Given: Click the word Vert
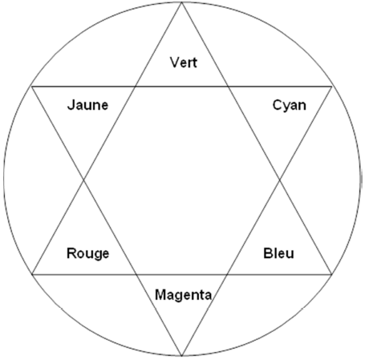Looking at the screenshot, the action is [184, 63].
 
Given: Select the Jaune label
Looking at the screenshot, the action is [87, 105].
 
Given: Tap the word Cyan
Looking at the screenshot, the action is [290, 106].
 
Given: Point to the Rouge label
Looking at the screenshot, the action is [87, 253].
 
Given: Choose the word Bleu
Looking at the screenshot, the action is [278, 253].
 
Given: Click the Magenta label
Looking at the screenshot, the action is [184, 295].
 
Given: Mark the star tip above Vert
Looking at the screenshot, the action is [182, 2].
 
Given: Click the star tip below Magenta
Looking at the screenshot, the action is [182, 356].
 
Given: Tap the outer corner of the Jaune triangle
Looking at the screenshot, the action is [32, 87].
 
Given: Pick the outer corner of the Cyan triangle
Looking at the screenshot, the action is [332, 87].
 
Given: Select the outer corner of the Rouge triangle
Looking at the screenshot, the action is [32, 274].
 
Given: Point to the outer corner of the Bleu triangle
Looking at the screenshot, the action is [332, 274].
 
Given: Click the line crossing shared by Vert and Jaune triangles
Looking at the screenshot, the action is [136, 87].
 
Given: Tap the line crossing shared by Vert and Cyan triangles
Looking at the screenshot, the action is [228, 87].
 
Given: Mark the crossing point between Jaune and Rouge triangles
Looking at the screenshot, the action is [84, 180].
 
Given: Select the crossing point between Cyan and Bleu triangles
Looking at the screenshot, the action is [280, 180].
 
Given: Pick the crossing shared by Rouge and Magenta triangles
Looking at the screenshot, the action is [136, 274].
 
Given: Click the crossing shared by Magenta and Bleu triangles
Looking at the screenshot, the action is [227, 274].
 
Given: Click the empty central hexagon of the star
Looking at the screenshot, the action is [182, 180].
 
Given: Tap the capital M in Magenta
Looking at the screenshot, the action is [160, 295].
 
